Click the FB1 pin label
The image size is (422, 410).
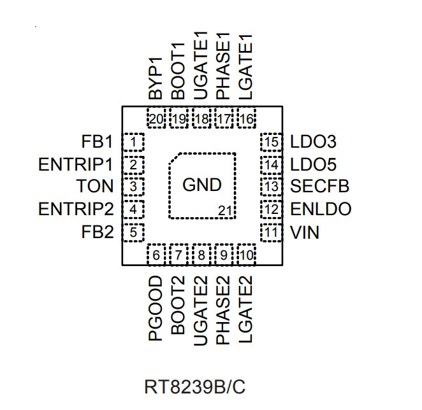(x=97, y=142)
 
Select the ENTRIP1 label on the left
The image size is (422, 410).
(x=76, y=164)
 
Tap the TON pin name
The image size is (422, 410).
(x=95, y=186)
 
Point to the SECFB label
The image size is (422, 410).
(x=320, y=186)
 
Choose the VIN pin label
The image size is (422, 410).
(x=305, y=232)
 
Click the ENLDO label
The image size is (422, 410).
(x=321, y=209)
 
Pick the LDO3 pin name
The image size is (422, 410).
(x=313, y=142)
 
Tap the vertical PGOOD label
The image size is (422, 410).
(x=156, y=308)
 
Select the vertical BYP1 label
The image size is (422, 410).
(x=156, y=78)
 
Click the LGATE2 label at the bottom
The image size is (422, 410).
(x=245, y=309)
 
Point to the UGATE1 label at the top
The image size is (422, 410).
(x=201, y=66)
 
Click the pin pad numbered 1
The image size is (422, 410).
(x=133, y=142)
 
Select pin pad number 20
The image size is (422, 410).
(x=156, y=118)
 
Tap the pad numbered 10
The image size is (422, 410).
(x=246, y=255)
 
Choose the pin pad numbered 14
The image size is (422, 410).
(x=272, y=164)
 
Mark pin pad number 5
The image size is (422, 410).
(x=133, y=232)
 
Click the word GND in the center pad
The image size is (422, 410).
(x=202, y=185)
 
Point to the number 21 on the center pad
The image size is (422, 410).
(x=225, y=211)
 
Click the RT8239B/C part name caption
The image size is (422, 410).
(x=195, y=387)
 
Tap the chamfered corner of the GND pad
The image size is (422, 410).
(x=174, y=159)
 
